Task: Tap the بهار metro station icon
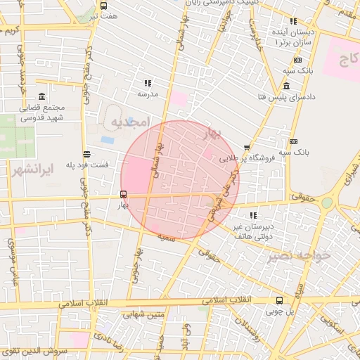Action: (x=124, y=194)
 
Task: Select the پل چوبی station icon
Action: (x=280, y=300)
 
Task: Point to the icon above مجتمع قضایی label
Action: (x=42, y=96)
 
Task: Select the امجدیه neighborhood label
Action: (x=130, y=122)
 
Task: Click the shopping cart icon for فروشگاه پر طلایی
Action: (x=246, y=148)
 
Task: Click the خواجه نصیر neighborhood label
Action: (x=299, y=255)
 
